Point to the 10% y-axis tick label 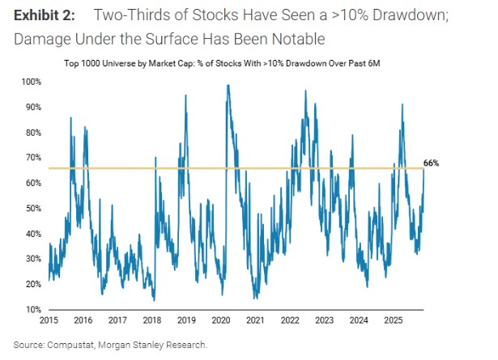32,310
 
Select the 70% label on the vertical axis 32,158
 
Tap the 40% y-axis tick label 32,234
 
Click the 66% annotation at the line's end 431,163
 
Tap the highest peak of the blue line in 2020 228,85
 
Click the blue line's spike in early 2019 186,95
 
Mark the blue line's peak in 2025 402,104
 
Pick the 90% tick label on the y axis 32,107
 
